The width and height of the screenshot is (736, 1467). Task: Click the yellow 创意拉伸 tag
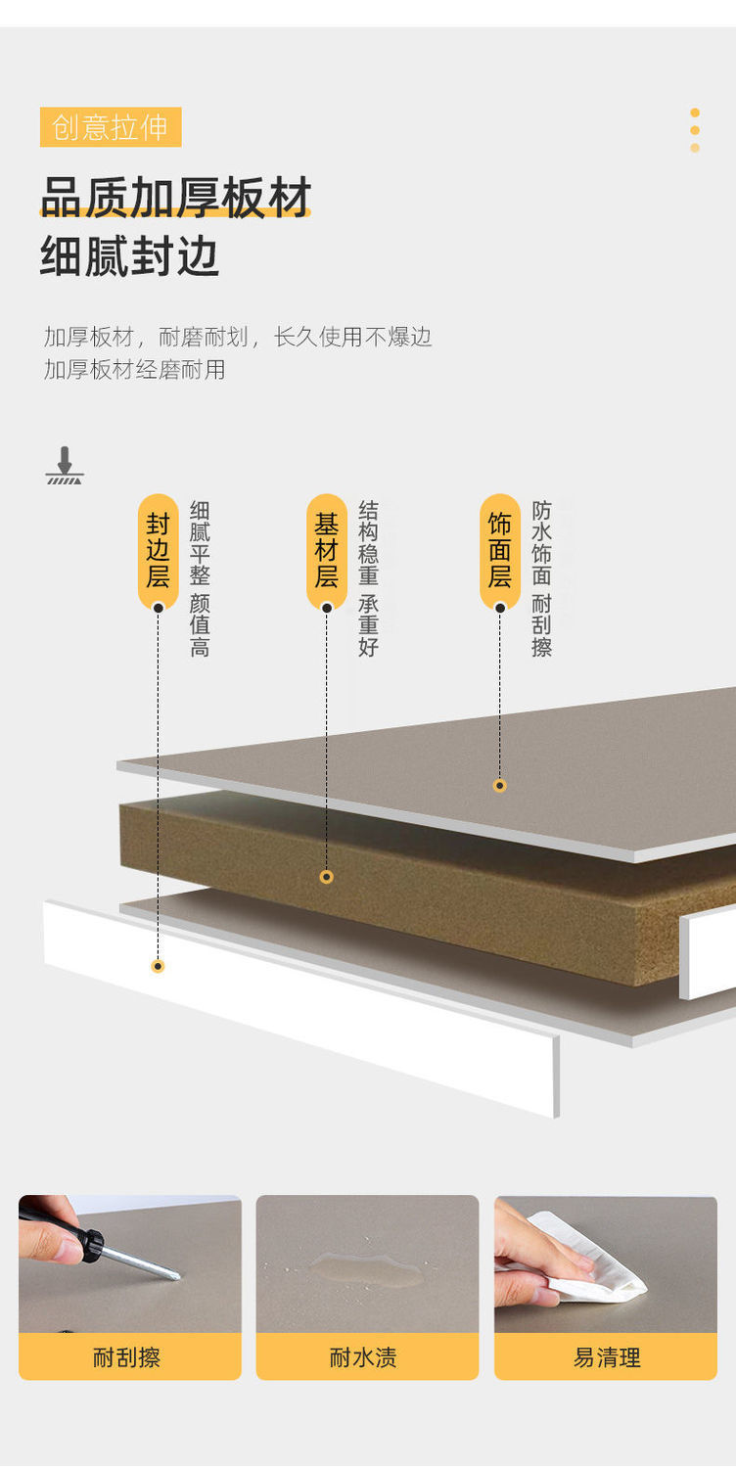tap(111, 127)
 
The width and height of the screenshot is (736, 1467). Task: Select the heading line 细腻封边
tap(129, 256)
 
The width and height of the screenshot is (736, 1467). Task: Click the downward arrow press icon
tap(65, 466)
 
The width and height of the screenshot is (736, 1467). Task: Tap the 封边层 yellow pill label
tap(158, 550)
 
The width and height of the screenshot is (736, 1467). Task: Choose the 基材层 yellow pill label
tap(326, 550)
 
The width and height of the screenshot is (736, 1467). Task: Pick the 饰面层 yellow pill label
tap(499, 550)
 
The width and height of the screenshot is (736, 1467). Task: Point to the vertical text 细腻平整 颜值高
tap(200, 577)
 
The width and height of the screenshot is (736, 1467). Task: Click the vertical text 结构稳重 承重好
tap(368, 577)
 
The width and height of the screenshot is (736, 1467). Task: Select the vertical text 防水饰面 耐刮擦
tap(541, 577)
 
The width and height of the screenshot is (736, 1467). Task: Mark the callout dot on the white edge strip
tap(158, 966)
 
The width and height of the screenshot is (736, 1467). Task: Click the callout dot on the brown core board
tap(326, 877)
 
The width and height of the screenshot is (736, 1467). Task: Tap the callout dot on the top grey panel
tap(499, 785)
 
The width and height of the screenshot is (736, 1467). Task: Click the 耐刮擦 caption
tap(127, 1357)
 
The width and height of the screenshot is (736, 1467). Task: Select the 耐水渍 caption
tap(363, 1357)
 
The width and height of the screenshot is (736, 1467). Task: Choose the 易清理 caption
tap(607, 1357)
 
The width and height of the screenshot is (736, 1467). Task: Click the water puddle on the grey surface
tap(367, 1270)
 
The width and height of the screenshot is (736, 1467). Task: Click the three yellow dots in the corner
tap(695, 130)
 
